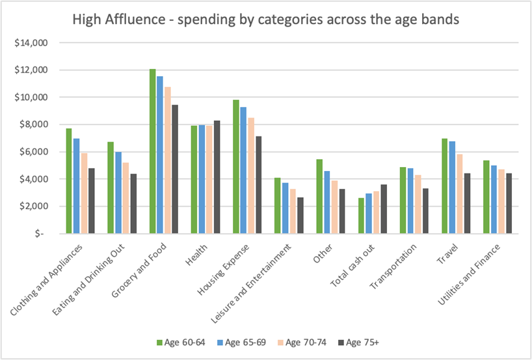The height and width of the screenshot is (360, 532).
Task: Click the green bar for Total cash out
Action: point(362,216)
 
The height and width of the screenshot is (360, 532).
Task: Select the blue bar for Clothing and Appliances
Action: point(76,186)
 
